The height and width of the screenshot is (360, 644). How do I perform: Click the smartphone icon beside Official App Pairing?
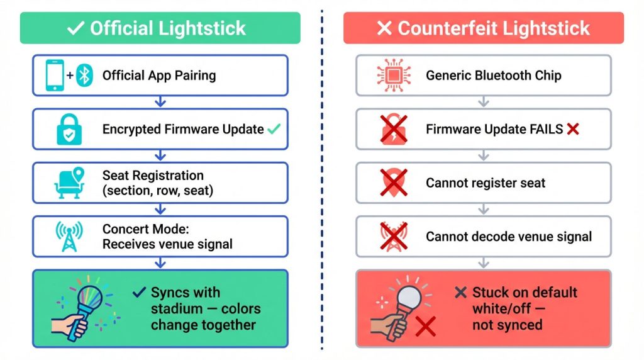(55, 75)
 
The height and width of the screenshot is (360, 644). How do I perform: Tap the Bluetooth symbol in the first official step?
(84, 76)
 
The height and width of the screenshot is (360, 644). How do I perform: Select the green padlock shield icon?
(69, 130)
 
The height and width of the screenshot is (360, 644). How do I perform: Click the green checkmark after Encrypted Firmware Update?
(274, 129)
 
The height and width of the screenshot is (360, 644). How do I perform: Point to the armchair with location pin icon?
(69, 182)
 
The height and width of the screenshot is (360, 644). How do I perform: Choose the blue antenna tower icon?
(69, 236)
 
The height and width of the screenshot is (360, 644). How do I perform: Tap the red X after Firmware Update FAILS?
(572, 129)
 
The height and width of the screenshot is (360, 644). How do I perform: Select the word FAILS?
(545, 130)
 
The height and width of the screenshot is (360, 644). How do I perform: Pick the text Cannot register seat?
(486, 183)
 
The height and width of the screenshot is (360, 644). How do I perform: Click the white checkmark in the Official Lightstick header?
(75, 28)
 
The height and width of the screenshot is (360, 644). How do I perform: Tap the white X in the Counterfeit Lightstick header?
(384, 28)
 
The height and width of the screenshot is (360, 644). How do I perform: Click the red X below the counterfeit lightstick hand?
(426, 327)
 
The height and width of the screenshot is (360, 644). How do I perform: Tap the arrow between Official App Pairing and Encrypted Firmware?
(160, 101)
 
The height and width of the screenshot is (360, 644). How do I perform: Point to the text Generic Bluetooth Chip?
(494, 76)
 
